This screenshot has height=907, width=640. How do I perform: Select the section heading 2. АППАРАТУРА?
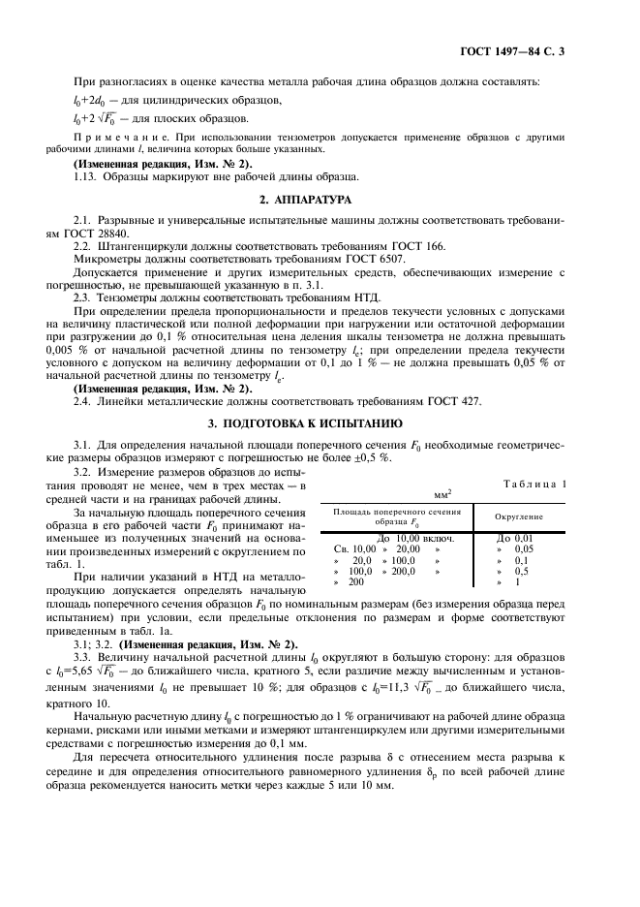(320, 200)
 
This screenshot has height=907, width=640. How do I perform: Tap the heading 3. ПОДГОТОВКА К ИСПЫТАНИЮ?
(320, 424)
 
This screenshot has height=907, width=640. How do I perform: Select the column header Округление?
(521, 516)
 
